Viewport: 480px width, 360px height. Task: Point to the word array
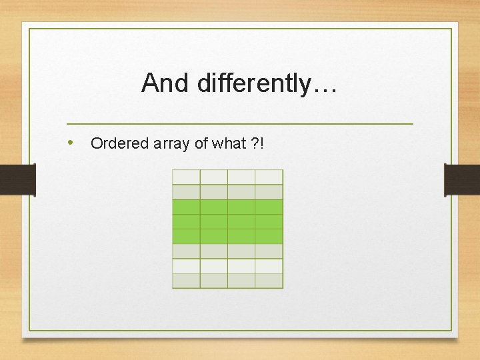pyautogui.click(x=172, y=143)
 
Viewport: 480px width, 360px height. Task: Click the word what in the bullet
pyautogui.click(x=229, y=143)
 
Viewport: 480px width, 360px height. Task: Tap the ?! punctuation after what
pyautogui.click(x=258, y=143)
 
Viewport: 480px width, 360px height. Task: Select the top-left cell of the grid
pyautogui.click(x=186, y=177)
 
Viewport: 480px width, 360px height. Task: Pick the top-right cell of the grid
pyautogui.click(x=269, y=177)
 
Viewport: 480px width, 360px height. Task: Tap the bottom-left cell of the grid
pyautogui.click(x=186, y=281)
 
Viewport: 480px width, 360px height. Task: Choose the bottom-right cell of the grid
pyautogui.click(x=269, y=281)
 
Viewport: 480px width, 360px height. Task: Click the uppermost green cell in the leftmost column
pyautogui.click(x=186, y=207)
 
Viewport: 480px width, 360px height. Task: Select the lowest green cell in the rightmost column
pyautogui.click(x=269, y=236)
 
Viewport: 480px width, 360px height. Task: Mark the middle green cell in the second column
pyautogui.click(x=213, y=221)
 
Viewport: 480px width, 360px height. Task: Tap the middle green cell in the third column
pyautogui.click(x=241, y=221)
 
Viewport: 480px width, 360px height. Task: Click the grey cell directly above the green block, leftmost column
pyautogui.click(x=186, y=192)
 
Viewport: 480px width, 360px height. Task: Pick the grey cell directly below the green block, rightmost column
pyautogui.click(x=269, y=251)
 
